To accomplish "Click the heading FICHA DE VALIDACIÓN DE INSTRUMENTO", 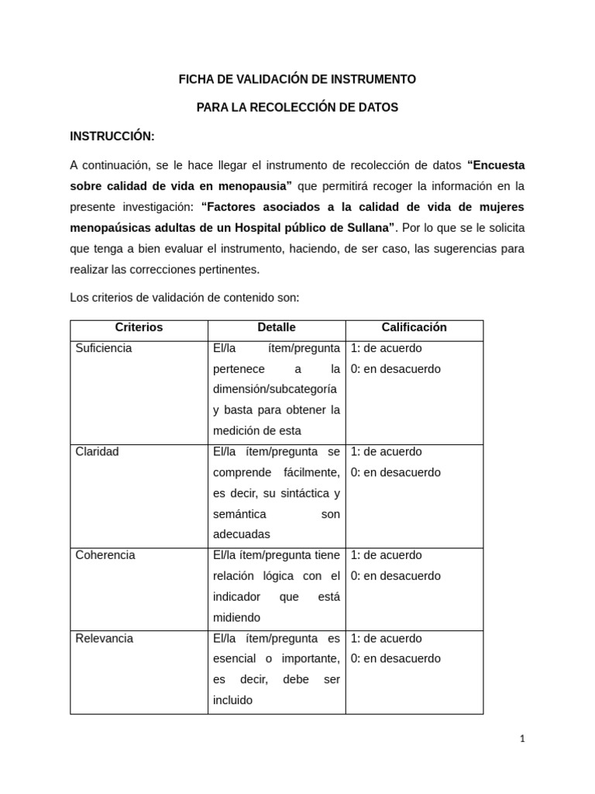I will coord(297,79).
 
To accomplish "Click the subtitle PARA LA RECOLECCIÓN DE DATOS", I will coord(297,108).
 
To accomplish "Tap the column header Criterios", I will coord(139,327).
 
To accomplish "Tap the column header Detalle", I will coord(277,327).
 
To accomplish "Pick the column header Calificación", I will coord(414,327).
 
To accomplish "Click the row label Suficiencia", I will coord(104,348).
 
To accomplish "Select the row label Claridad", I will coord(97,451).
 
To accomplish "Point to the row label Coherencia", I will coord(105,555).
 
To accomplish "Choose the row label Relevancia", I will coord(105,638).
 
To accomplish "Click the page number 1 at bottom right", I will coord(522,739).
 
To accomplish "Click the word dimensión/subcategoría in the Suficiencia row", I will coord(275,389).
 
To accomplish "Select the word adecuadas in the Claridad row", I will coord(241,534).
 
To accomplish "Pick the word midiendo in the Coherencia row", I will coord(236,617).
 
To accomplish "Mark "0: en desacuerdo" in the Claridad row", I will coord(395,472).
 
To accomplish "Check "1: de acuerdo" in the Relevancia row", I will coord(386,638).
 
